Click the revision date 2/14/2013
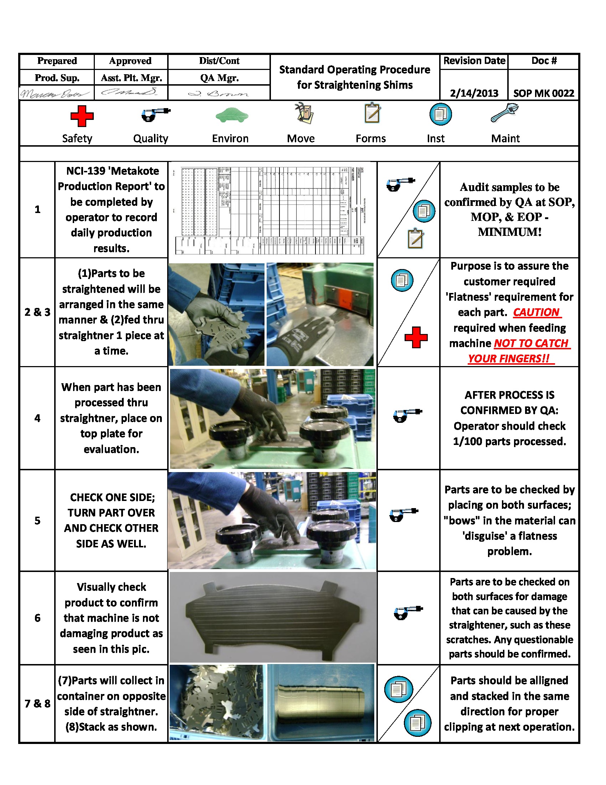pyautogui.click(x=474, y=93)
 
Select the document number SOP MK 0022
pyautogui.click(x=544, y=93)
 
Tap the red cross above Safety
pyautogui.click(x=82, y=116)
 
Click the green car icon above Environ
pyautogui.click(x=232, y=115)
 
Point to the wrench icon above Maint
pyautogui.click(x=504, y=113)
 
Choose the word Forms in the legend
pyautogui.click(x=370, y=138)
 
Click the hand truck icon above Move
pyautogui.click(x=304, y=113)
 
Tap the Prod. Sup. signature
pyautogui.click(x=56, y=93)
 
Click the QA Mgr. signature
pyautogui.click(x=218, y=94)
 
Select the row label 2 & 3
pyautogui.click(x=37, y=312)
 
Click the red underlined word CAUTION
pyautogui.click(x=536, y=312)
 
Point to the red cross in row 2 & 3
pyautogui.click(x=416, y=338)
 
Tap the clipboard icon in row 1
pyautogui.click(x=416, y=238)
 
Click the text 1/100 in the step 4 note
pyautogui.click(x=467, y=441)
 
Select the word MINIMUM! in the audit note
pyautogui.click(x=509, y=232)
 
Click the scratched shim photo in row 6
pyautogui.click(x=273, y=618)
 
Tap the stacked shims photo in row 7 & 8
pyautogui.click(x=320, y=703)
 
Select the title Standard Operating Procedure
pyautogui.click(x=354, y=69)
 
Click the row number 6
pyautogui.click(x=37, y=618)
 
